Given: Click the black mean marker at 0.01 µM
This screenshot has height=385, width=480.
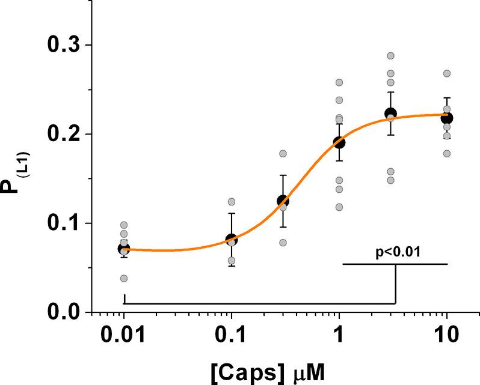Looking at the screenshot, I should click(x=124, y=249).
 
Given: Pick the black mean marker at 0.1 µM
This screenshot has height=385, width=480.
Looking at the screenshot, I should click(x=232, y=240).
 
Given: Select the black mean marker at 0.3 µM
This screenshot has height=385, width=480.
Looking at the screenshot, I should click(x=283, y=201).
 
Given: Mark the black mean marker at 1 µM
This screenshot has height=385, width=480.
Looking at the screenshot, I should click(x=339, y=142).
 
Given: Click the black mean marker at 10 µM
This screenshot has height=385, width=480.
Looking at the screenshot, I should click(x=446, y=118).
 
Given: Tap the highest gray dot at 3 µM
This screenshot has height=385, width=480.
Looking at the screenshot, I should click(x=390, y=56).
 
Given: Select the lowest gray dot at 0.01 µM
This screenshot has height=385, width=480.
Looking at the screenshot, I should click(x=124, y=278).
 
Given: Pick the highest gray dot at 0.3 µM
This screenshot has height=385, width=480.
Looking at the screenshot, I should click(x=283, y=153).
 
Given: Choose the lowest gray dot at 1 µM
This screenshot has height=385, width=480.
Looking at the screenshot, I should click(x=339, y=207).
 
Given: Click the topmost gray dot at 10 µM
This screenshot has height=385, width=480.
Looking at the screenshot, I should click(x=446, y=73).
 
